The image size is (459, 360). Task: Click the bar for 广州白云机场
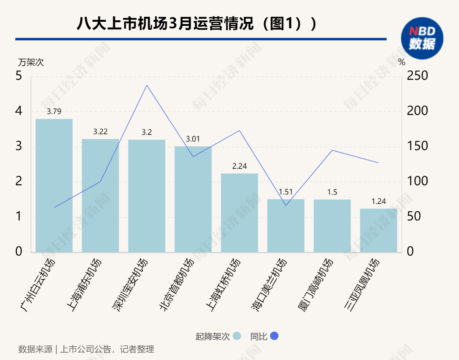point(54,185)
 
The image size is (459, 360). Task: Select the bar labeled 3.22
point(100,195)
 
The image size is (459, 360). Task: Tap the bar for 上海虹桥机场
point(239,213)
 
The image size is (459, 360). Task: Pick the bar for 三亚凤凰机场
point(378,230)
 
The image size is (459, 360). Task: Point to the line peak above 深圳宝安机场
point(147,85)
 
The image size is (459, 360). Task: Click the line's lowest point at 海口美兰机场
point(286,206)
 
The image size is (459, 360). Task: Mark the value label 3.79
point(54,112)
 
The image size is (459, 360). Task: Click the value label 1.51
point(286,192)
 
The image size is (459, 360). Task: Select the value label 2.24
point(239,166)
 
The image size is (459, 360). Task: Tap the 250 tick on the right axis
point(417,76)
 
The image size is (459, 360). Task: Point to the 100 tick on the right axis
point(417,182)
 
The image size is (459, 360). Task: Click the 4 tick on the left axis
point(19,111)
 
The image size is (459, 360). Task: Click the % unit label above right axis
point(402,62)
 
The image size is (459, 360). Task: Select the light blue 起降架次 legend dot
point(237,336)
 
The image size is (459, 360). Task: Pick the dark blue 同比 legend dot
point(274,336)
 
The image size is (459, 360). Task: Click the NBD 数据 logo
point(422,38)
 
